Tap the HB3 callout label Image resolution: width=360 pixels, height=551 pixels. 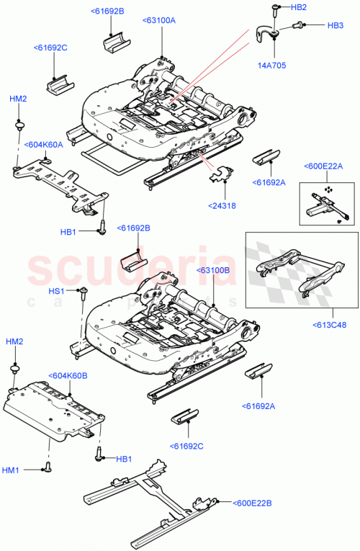pos(335,26)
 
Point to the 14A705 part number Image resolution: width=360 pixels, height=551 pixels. pos(274,64)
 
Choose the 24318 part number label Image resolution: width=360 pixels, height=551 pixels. pos(225,205)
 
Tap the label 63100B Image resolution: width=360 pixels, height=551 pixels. pos(212,270)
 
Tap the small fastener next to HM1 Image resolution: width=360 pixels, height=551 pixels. pos(49,468)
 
